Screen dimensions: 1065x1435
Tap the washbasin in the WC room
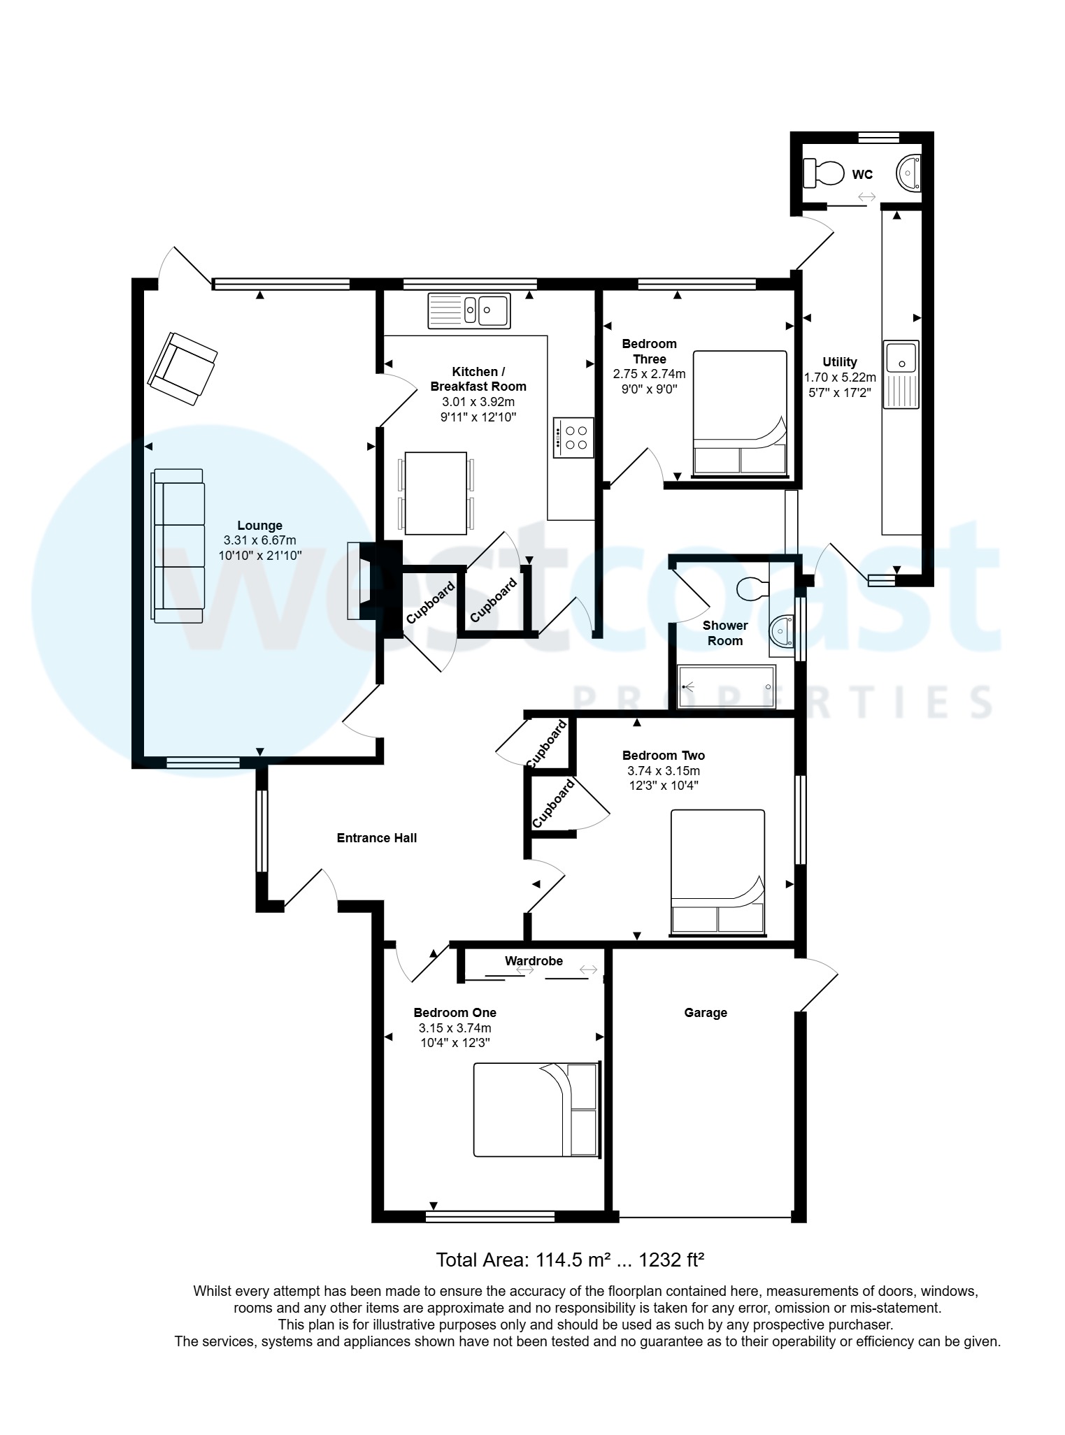909,173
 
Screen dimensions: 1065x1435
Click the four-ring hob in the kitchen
573,438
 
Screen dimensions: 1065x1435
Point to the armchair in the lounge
182,368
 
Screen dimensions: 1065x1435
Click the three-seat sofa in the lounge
179,546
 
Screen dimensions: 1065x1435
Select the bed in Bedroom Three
740,413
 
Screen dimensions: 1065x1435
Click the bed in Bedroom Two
717,872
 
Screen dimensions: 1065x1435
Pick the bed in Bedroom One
537,1110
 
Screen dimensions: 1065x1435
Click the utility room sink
901,374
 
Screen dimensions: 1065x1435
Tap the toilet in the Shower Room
754,589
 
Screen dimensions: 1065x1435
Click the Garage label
706,1013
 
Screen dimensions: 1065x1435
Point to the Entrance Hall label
377,838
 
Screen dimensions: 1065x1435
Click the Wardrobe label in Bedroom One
534,961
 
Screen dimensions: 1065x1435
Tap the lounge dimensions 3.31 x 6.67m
260,540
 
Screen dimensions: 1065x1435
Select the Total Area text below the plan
570,1260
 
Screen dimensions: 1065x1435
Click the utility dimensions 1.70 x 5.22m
840,377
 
